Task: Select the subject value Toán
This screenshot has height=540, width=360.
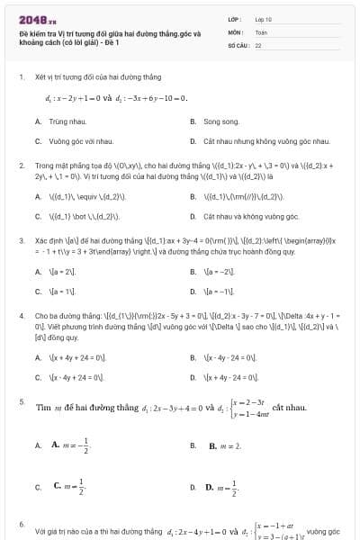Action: pyautogui.click(x=261, y=31)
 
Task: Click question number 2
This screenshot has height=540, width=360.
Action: pyautogui.click(x=21, y=166)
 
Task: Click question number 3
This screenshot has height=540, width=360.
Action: pyautogui.click(x=21, y=241)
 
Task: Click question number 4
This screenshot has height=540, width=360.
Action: pyautogui.click(x=21, y=317)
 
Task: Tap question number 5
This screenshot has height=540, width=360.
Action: pyautogui.click(x=21, y=401)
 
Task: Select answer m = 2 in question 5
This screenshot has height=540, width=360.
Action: pyautogui.click(x=229, y=445)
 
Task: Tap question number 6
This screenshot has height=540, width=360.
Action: pyautogui.click(x=21, y=523)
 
